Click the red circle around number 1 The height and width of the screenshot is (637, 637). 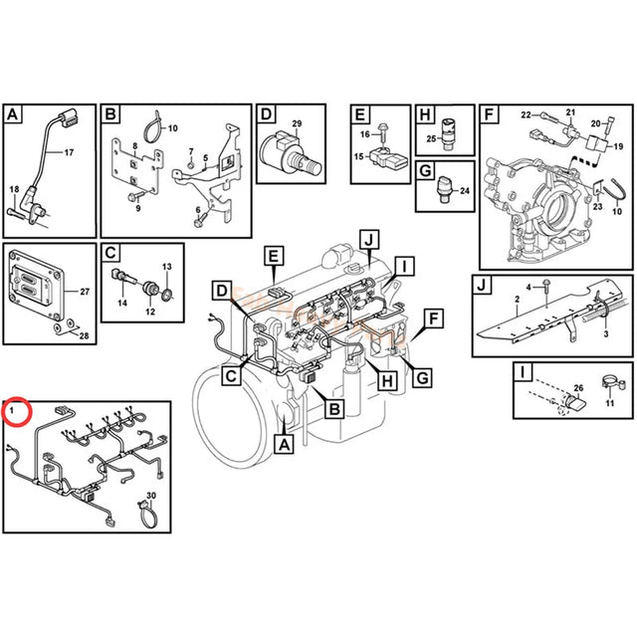[17, 410]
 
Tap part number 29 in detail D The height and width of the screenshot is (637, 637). [296, 122]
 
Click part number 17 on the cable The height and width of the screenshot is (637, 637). [69, 153]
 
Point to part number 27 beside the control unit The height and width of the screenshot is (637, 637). [85, 292]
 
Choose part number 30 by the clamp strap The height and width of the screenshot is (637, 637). [152, 495]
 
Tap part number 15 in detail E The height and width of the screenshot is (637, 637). [360, 156]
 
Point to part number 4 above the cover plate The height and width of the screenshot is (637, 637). [529, 287]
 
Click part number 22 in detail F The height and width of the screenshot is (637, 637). [527, 116]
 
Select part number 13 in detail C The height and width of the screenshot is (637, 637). [167, 268]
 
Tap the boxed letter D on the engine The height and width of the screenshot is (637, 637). [223, 291]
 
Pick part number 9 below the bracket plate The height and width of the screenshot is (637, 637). [138, 208]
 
